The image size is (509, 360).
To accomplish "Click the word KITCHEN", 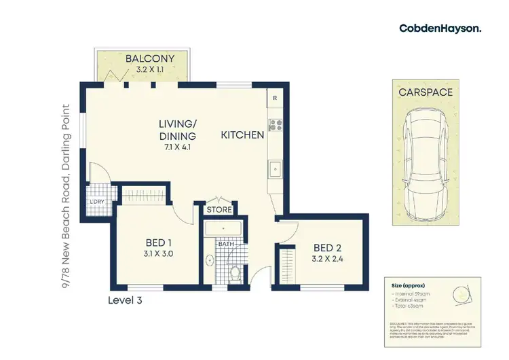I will tap(242, 135).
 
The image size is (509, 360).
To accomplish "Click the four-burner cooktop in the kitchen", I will tap(275, 125).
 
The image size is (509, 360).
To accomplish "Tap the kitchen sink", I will tap(276, 168).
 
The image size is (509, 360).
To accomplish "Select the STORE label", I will tap(219, 210).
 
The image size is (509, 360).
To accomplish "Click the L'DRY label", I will tap(96, 202).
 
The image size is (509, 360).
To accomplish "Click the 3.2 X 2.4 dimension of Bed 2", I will tap(324, 258).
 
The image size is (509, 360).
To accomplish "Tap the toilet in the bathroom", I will tap(234, 272).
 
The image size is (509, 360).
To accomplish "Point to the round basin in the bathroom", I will tap(209, 260).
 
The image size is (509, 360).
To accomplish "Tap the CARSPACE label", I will tap(426, 92).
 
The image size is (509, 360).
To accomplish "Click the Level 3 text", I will tap(126, 299).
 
